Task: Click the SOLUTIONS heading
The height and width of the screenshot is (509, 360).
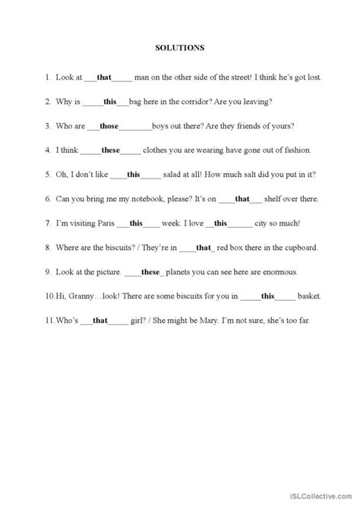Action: point(180,47)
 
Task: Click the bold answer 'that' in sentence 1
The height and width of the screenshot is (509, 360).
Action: point(104,77)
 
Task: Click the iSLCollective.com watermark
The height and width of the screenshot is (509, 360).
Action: point(320,498)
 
